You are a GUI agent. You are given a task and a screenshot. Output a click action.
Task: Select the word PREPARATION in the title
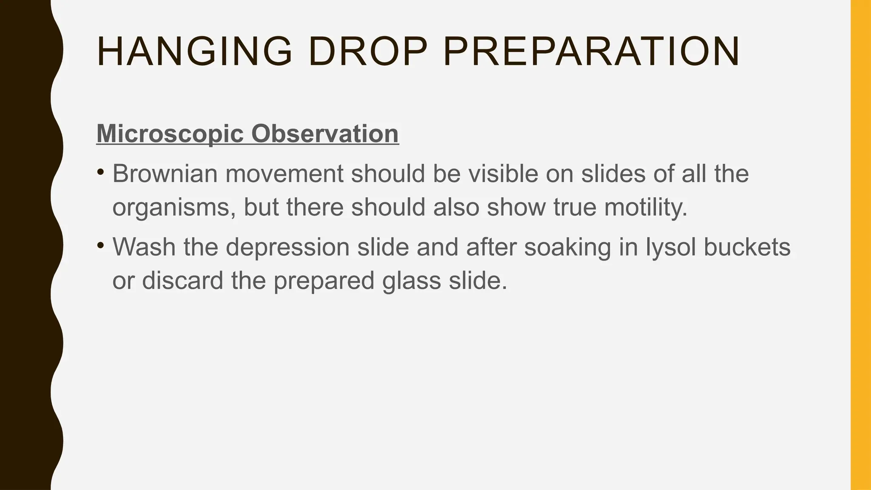click(591, 52)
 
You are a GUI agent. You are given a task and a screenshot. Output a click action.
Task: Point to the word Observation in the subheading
click(325, 134)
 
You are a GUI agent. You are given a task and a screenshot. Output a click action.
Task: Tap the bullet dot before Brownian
click(100, 172)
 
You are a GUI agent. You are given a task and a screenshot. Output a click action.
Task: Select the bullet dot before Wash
click(100, 245)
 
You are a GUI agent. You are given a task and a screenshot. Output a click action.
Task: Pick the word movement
click(284, 174)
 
